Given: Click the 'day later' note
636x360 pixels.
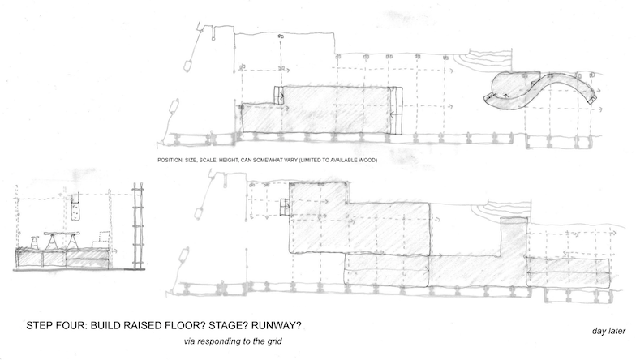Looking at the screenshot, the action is click(608, 331).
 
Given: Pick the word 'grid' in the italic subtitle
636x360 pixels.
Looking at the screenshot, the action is click(274, 341).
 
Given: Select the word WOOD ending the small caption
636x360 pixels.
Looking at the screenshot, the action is click(367, 161).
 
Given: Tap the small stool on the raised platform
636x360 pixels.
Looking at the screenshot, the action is click(35, 242).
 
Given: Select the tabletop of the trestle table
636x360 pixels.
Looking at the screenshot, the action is click(62, 234).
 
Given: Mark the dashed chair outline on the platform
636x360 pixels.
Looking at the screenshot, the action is click(102, 239).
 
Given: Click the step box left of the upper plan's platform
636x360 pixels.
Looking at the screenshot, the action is click(278, 96).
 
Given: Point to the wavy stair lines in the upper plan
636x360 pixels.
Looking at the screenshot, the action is click(483, 60).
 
